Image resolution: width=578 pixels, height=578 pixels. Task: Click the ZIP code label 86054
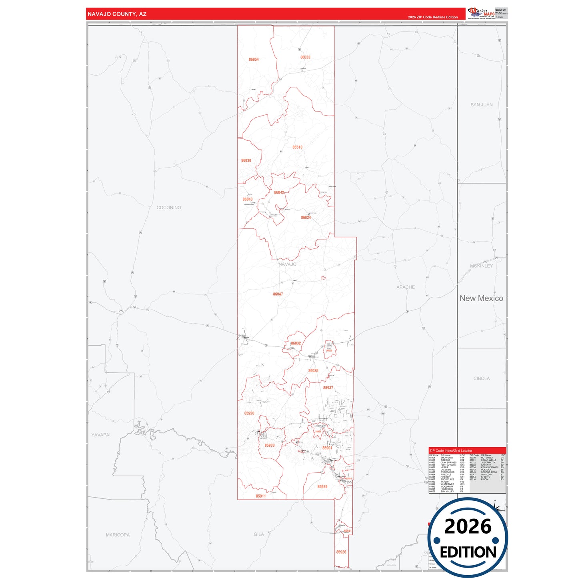point(254,60)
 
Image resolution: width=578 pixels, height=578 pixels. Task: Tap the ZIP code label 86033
point(305,57)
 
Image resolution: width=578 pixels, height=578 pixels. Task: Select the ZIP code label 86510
point(297,147)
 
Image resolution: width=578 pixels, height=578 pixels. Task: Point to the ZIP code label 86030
point(246,160)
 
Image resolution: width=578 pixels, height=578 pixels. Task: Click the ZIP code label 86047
point(278,294)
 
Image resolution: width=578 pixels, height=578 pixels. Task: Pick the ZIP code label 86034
point(306,218)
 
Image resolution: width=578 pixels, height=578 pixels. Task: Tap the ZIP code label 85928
point(249,413)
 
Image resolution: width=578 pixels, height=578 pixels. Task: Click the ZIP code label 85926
point(341,552)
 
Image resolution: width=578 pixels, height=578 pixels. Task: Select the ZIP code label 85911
point(261,496)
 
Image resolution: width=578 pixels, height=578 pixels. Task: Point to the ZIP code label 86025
point(313,371)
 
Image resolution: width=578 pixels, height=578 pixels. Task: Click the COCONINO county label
point(169,208)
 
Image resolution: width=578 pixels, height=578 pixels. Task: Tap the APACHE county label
point(406,287)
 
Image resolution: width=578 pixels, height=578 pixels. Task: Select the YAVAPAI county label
point(101,435)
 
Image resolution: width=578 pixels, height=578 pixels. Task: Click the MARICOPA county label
point(118,535)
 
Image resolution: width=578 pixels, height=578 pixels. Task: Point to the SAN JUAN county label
point(482,105)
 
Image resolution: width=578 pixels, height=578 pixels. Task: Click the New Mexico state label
point(481,298)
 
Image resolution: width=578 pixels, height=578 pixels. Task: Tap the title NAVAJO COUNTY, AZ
point(117,14)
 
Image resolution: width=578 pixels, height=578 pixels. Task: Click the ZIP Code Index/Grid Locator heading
point(451,451)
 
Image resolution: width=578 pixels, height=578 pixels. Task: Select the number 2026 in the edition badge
point(468,526)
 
